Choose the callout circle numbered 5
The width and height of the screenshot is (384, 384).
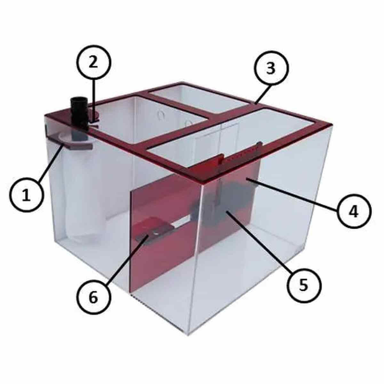(x=303, y=284)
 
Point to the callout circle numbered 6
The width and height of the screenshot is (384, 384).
(x=93, y=298)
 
